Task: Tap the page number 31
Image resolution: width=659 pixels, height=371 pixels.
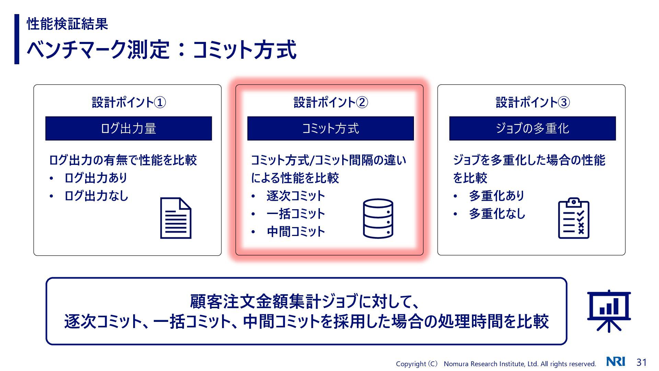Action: pyautogui.click(x=641, y=362)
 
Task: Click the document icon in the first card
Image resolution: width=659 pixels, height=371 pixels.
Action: pyautogui.click(x=176, y=218)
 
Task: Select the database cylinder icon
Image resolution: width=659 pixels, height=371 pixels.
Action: pyautogui.click(x=378, y=218)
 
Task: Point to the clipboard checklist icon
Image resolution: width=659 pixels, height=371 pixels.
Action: pyautogui.click(x=574, y=218)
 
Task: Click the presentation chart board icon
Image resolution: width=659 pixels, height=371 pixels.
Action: pyautogui.click(x=609, y=311)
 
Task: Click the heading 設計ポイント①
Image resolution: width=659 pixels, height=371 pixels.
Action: pyautogui.click(x=129, y=102)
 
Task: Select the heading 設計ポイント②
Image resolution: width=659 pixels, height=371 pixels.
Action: pyautogui.click(x=331, y=102)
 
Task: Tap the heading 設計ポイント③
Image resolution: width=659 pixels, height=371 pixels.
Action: pyautogui.click(x=533, y=102)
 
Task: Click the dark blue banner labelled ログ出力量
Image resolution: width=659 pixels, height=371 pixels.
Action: pyautogui.click(x=128, y=128)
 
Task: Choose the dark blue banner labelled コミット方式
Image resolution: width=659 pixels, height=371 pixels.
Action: pyautogui.click(x=331, y=128)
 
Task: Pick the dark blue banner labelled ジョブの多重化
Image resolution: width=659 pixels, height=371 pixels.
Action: pyautogui.click(x=532, y=128)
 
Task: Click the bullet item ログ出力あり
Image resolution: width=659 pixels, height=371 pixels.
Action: pyautogui.click(x=96, y=178)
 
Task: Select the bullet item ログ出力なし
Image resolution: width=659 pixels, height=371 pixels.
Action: pyautogui.click(x=96, y=196)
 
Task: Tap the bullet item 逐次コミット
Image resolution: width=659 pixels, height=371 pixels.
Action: pyautogui.click(x=296, y=196)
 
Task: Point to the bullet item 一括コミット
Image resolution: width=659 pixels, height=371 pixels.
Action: pyautogui.click(x=296, y=214)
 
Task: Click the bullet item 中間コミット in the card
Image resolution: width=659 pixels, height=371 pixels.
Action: pyautogui.click(x=296, y=232)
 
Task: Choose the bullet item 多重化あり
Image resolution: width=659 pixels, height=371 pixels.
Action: pyautogui.click(x=497, y=196)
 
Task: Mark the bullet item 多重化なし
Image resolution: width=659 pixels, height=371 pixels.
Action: pyautogui.click(x=497, y=214)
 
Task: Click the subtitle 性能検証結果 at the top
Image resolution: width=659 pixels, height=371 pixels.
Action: pyautogui.click(x=67, y=24)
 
